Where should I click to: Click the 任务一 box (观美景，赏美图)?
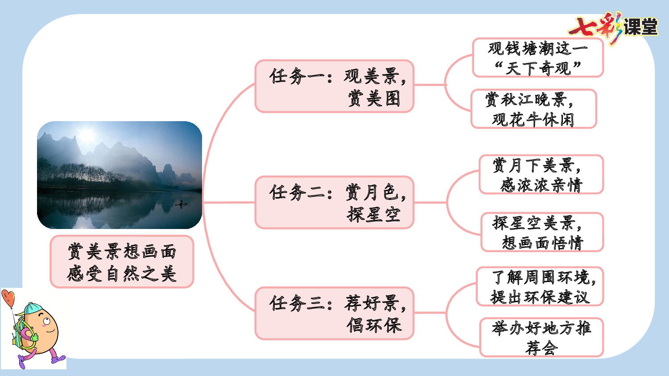[334, 86]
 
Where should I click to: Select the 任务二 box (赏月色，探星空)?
[334, 203]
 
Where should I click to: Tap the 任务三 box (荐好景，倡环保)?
[334, 313]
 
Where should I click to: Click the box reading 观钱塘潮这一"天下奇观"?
[538, 57]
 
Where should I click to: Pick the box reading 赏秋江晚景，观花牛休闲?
[534, 109]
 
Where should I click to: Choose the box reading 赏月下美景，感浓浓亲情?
[541, 174]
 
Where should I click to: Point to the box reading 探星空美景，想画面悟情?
[542, 232]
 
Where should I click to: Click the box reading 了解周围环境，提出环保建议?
[540, 286]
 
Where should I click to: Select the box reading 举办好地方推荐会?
[541, 337]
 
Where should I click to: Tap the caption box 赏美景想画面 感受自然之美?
[122, 262]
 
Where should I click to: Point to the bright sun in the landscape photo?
[87, 135]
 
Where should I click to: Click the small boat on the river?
[181, 204]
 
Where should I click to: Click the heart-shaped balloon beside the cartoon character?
[8, 297]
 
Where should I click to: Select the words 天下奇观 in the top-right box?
[538, 68]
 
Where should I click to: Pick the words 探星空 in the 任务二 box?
[374, 215]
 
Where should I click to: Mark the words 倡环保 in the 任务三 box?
[374, 325]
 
